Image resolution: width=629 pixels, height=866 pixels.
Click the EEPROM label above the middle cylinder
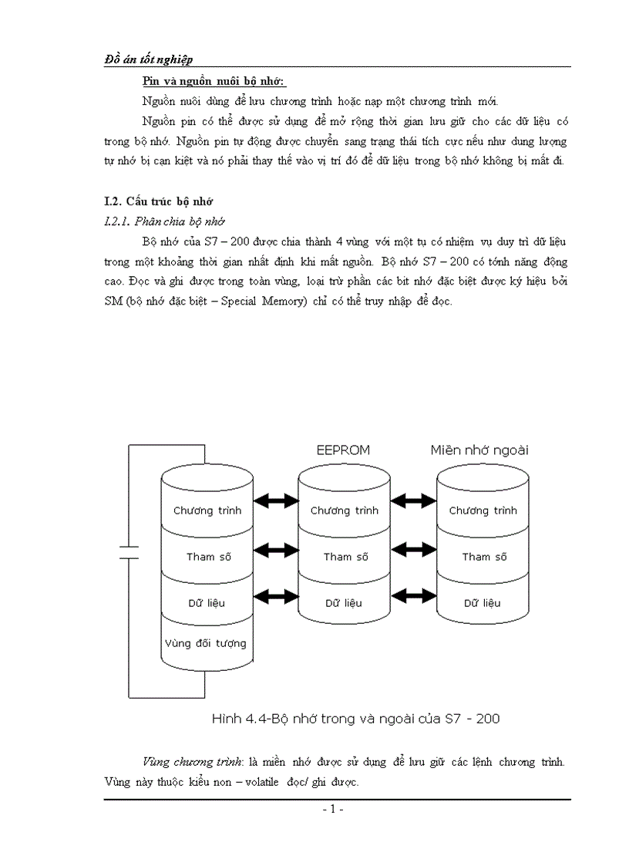(343, 450)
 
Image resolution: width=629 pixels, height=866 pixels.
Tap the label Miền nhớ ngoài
(479, 450)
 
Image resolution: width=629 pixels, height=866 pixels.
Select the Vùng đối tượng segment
(206, 642)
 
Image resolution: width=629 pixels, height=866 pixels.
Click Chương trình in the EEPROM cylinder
(345, 511)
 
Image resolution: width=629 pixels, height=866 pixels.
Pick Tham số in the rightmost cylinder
(484, 557)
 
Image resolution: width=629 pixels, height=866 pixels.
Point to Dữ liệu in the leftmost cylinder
(207, 602)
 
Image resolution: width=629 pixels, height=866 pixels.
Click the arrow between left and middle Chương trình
(276, 502)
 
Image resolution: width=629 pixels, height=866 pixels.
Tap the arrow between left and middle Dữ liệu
(276, 595)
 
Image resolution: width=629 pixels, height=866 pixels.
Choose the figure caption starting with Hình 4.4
(356, 719)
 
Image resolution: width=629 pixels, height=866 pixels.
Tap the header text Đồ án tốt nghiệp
(148, 59)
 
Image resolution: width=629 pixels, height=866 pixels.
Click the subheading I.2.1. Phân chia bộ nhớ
(163, 221)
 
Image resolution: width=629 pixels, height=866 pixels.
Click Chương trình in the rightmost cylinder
(483, 511)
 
